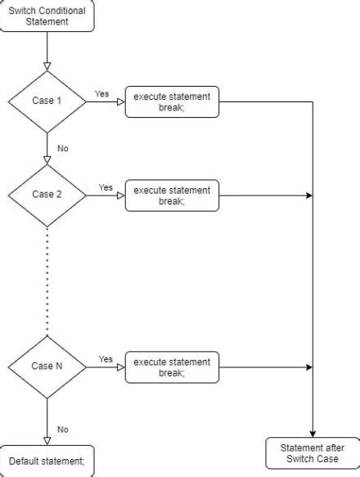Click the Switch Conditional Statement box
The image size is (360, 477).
[46, 16]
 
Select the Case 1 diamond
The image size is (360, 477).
[47, 101]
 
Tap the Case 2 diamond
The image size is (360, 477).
[47, 195]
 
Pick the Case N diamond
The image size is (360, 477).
[47, 366]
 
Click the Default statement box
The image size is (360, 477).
[47, 461]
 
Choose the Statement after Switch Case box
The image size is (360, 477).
[313, 452]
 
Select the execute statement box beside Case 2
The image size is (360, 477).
[172, 196]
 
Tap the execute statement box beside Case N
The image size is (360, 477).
[172, 367]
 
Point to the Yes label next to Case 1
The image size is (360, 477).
[101, 94]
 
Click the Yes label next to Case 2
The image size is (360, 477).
[106, 188]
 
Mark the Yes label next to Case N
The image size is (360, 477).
[106, 359]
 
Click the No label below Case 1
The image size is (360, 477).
[62, 148]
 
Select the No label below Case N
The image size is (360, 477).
[62, 429]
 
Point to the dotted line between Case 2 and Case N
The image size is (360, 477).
[47, 278]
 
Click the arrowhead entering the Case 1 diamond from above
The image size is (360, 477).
[47, 65]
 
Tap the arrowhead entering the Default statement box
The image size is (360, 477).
[47, 440]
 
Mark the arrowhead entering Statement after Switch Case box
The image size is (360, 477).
[313, 434]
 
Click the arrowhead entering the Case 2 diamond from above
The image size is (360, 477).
[47, 160]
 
